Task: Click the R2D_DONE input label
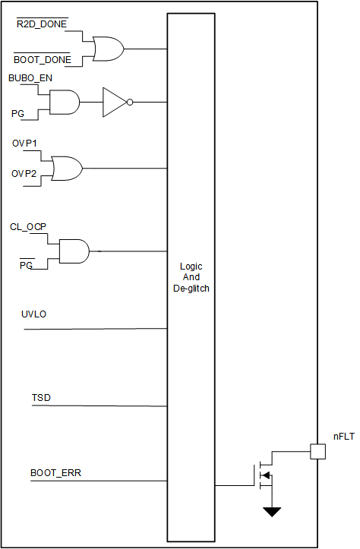coord(42,24)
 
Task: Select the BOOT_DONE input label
coord(43,59)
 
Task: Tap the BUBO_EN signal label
coord(30,78)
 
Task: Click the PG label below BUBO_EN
coord(17,112)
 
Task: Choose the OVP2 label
coord(24,174)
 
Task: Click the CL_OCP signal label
coord(29,226)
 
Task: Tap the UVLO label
coord(34,314)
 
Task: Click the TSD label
coord(41,397)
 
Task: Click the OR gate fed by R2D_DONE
coord(106,48)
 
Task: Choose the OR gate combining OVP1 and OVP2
coord(66,168)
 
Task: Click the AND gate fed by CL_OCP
coord(74,251)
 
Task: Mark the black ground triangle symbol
coord(271,512)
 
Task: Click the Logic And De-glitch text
coord(191,277)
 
